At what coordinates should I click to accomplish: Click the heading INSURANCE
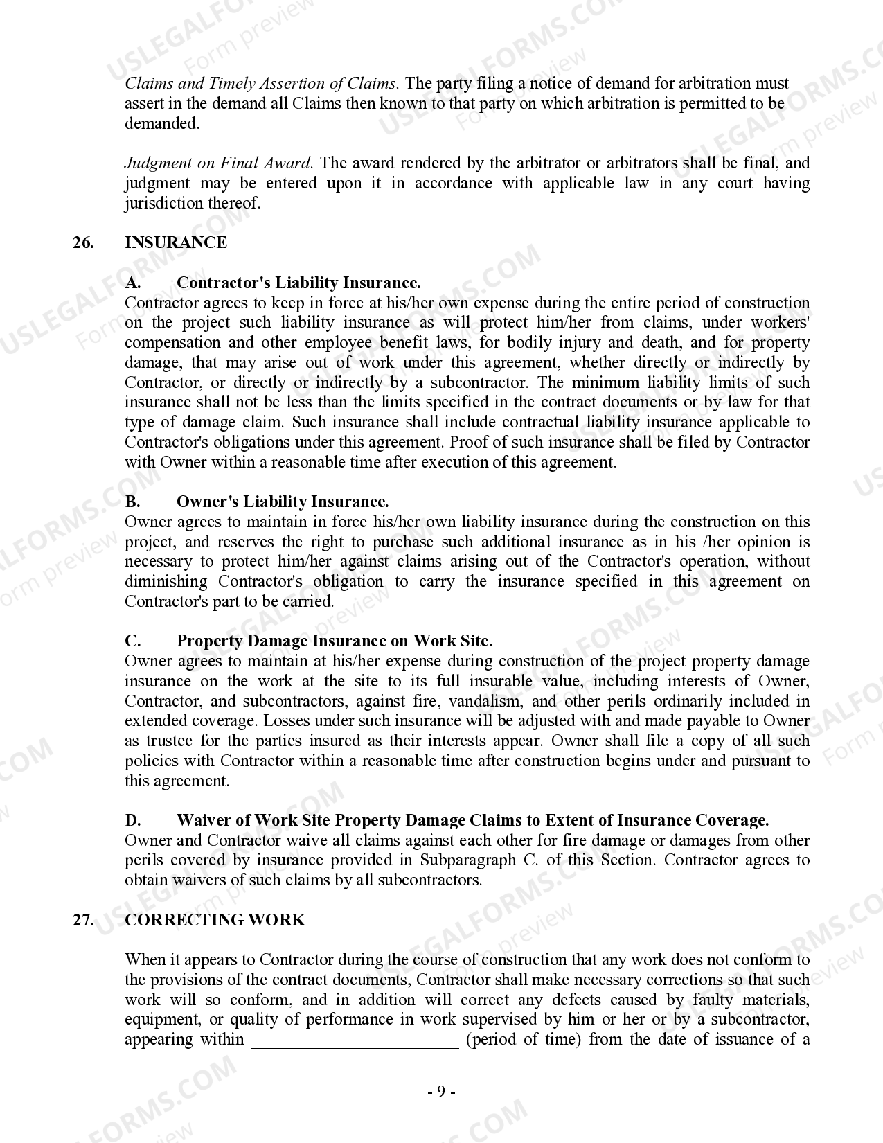pyautogui.click(x=175, y=242)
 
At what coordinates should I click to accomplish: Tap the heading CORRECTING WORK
pyautogui.click(x=214, y=920)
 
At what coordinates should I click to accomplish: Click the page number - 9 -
pyautogui.click(x=440, y=1092)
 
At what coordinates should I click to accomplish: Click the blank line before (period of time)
pyautogui.click(x=355, y=1040)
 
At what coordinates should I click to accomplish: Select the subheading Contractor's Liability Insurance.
pyautogui.click(x=298, y=283)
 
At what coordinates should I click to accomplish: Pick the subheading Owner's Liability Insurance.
pyautogui.click(x=283, y=502)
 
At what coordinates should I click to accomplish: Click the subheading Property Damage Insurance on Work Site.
pyautogui.click(x=335, y=641)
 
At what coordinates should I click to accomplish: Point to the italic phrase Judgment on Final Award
pyautogui.click(x=218, y=163)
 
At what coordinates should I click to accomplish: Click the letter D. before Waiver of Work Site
pyautogui.click(x=133, y=820)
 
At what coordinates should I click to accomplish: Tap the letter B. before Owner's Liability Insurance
pyautogui.click(x=133, y=502)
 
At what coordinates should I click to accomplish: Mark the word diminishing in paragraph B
pyautogui.click(x=166, y=582)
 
